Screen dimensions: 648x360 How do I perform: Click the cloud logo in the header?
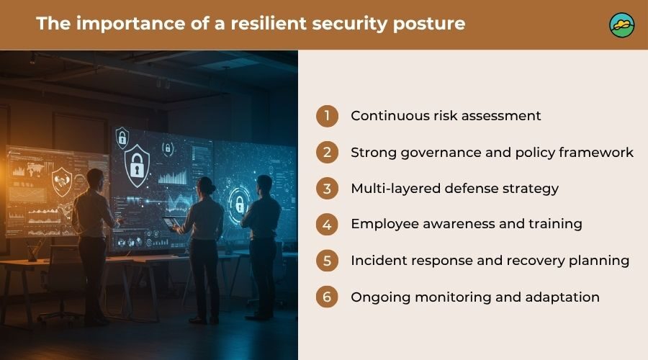click(x=622, y=24)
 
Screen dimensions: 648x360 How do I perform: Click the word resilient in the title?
click(x=269, y=23)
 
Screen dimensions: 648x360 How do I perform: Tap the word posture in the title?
click(x=429, y=24)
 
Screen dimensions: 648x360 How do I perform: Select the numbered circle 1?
click(x=328, y=116)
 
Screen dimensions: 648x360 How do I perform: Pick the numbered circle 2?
click(x=328, y=152)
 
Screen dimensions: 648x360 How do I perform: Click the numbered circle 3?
click(x=328, y=189)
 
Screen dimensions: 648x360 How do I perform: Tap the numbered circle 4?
click(x=328, y=225)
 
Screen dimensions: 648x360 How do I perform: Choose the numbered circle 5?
click(x=328, y=261)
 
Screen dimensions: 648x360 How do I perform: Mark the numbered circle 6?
click(x=328, y=297)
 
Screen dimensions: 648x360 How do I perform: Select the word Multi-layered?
click(x=395, y=189)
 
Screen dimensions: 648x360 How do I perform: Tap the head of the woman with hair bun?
click(x=207, y=186)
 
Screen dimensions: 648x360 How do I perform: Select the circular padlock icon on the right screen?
click(x=239, y=203)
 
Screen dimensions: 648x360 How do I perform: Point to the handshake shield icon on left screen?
click(x=62, y=181)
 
